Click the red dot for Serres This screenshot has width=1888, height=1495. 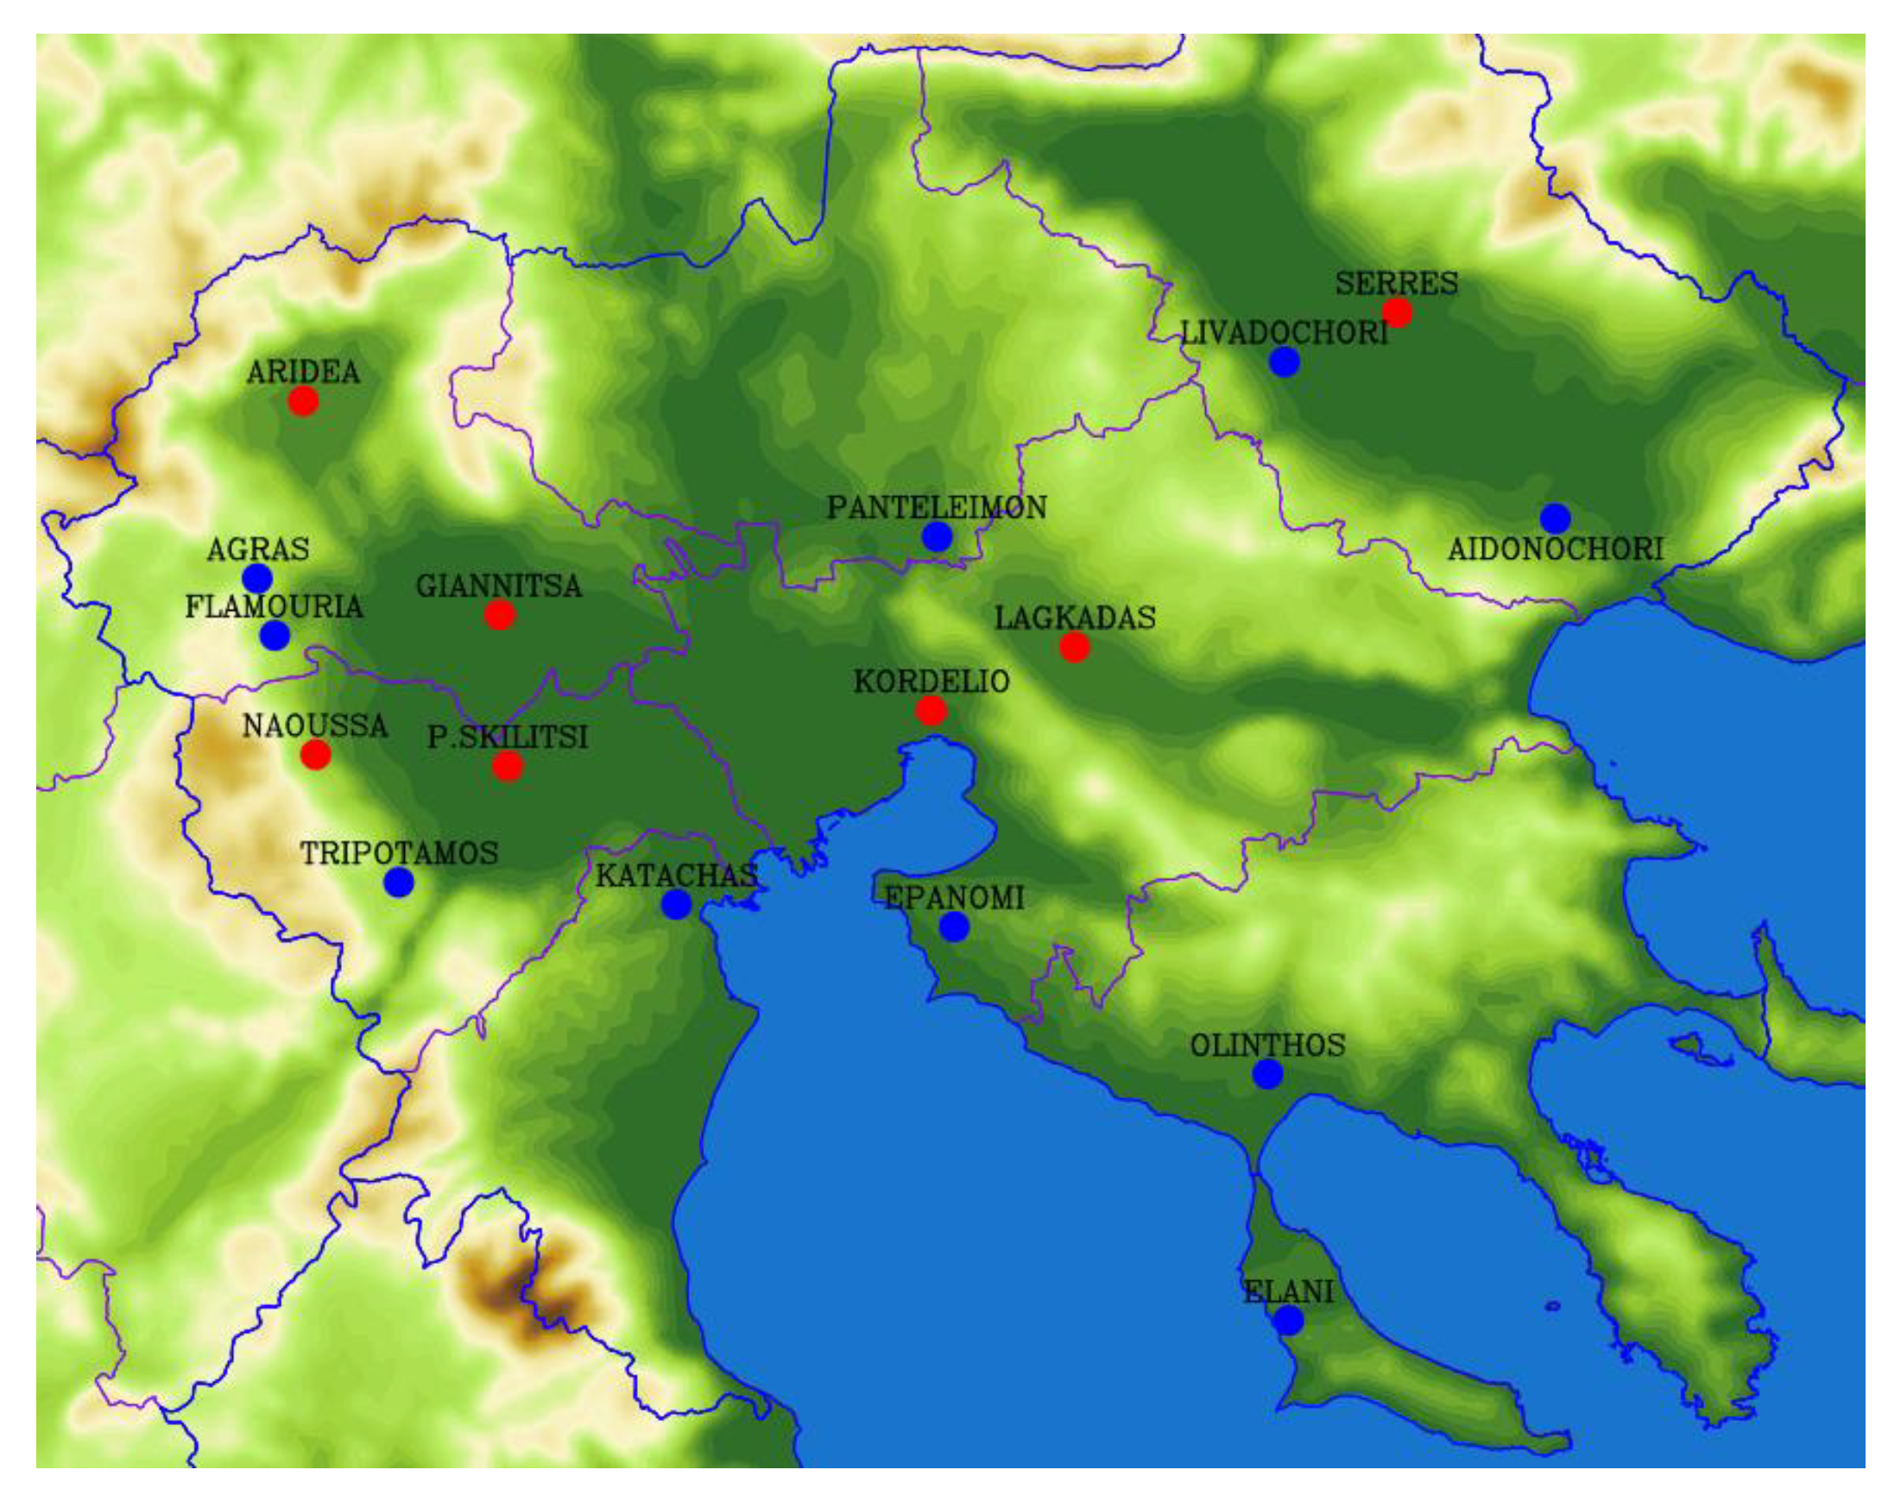(1397, 312)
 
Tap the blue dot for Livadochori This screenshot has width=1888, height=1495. (1284, 361)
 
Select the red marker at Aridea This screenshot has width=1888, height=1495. (303, 401)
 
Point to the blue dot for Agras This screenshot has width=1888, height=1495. (256, 578)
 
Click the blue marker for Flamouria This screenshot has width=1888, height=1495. (275, 635)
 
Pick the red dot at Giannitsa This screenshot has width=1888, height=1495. (499, 615)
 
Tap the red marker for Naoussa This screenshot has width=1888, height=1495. (315, 754)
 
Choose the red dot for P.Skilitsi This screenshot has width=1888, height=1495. (507, 767)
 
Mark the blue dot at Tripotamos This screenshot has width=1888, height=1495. (399, 882)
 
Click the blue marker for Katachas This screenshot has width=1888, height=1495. (675, 904)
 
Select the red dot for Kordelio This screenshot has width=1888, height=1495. (931, 711)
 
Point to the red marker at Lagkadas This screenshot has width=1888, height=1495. (1075, 648)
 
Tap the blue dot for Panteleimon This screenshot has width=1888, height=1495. (936, 537)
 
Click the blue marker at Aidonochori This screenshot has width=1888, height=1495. (1555, 518)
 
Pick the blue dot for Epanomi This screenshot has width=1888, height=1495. (954, 926)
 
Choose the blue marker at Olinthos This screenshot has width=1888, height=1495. (1267, 1074)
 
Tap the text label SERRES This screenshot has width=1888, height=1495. (1396, 284)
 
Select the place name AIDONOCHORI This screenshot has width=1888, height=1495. (1555, 550)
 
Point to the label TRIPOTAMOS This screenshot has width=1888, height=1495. (400, 853)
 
